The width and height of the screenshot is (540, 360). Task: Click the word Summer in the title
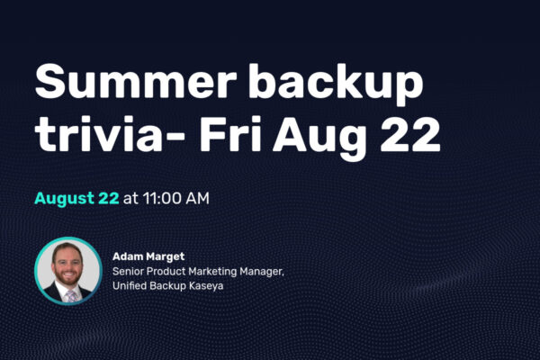136,81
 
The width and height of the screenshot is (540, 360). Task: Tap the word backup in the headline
336,85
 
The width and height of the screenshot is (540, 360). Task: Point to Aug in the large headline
319,138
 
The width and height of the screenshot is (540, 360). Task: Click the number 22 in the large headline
410,134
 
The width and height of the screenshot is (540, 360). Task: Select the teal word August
65,199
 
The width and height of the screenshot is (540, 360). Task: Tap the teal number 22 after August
109,198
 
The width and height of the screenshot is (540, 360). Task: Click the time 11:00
162,198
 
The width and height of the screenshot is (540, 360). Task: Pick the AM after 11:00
197,198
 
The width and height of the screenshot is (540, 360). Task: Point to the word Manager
262,272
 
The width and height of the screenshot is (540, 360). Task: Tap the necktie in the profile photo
72,296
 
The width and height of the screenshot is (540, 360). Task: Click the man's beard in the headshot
67,278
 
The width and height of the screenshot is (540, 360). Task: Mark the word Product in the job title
166,272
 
